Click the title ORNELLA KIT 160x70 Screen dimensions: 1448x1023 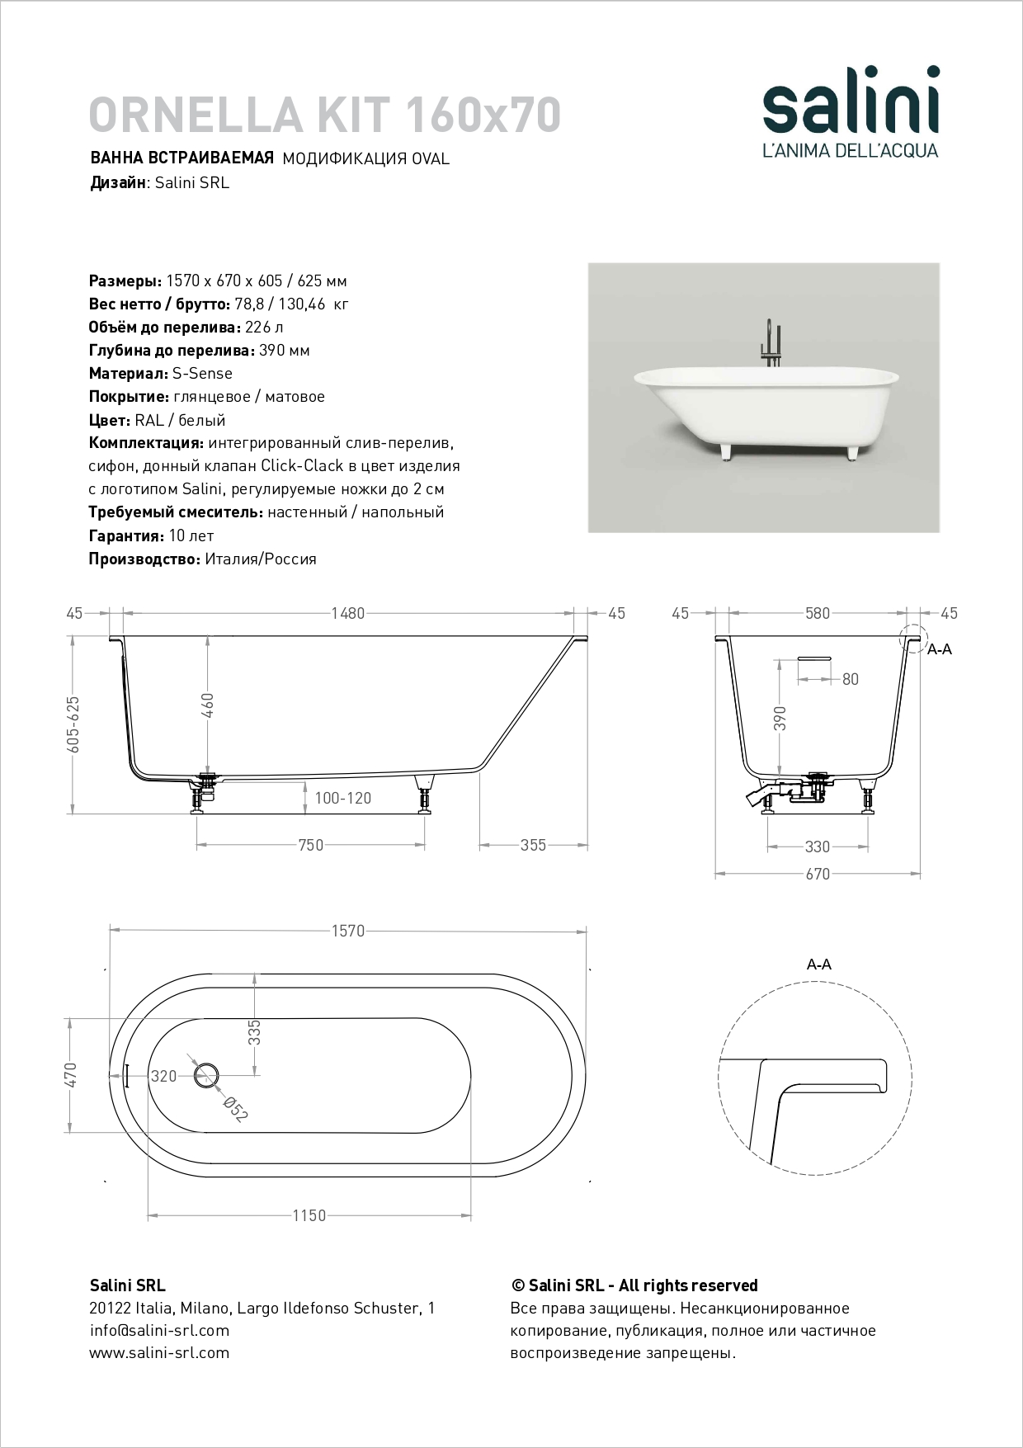click(324, 115)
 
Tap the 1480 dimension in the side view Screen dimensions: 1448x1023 click(347, 613)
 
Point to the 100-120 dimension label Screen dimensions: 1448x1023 click(342, 798)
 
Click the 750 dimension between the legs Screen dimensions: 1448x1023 click(310, 845)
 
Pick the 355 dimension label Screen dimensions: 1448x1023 click(533, 845)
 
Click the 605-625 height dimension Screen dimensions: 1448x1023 click(73, 723)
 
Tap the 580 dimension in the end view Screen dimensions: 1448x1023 click(818, 613)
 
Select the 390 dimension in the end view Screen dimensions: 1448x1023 click(780, 718)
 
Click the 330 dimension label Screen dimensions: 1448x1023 click(817, 847)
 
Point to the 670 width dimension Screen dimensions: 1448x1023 click(817, 874)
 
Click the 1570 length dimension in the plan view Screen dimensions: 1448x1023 click(347, 931)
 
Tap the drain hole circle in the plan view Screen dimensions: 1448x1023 click(206, 1075)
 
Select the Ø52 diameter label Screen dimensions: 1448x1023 click(236, 1109)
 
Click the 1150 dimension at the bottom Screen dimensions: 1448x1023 click(309, 1215)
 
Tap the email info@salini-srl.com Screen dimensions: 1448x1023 click(159, 1330)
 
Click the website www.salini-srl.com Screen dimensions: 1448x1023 click(159, 1352)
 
